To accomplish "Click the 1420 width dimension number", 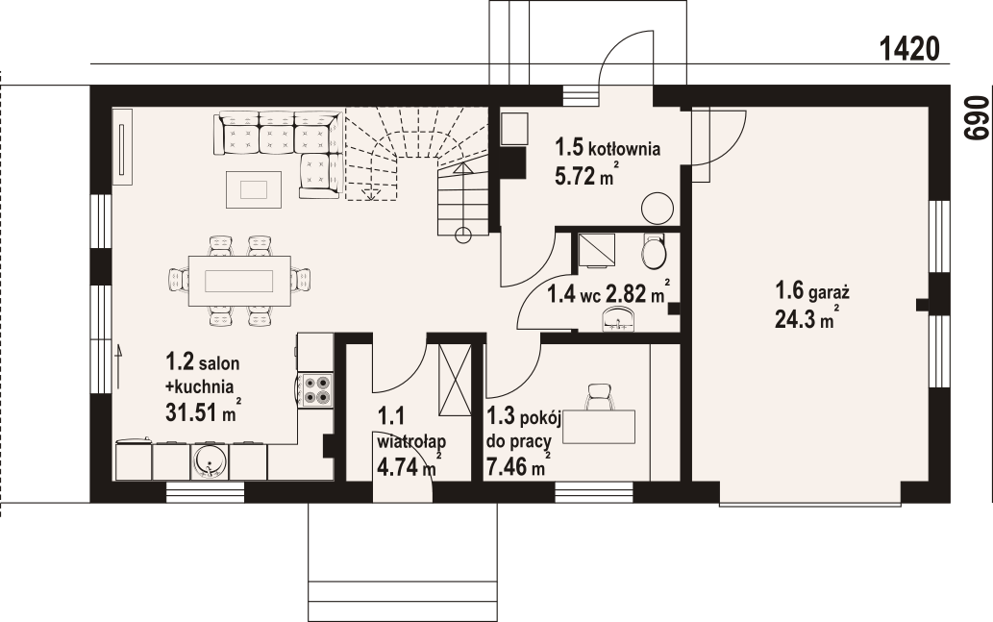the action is click(x=909, y=49).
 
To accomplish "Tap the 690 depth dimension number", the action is click(x=976, y=118).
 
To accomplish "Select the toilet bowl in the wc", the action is click(x=653, y=252).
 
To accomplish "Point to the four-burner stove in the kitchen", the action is click(x=316, y=390).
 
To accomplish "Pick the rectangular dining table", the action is click(x=239, y=281).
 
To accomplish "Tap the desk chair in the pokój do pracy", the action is click(x=601, y=397).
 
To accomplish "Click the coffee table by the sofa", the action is click(x=254, y=189).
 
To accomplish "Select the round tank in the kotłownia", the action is click(x=658, y=208).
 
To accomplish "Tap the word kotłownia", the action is click(x=625, y=149).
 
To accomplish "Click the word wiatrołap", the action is click(x=411, y=441).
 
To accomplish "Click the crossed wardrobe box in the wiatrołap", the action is click(x=455, y=380).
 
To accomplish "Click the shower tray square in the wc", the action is click(x=597, y=250).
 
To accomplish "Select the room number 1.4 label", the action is click(x=561, y=294).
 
